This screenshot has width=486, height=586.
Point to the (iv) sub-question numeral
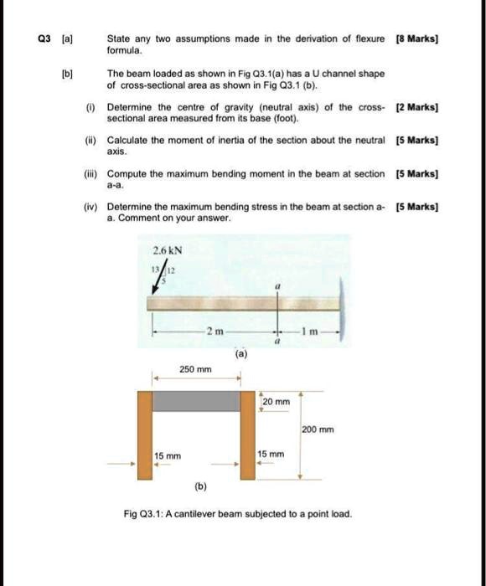click(x=90, y=205)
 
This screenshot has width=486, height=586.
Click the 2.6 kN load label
click(x=168, y=250)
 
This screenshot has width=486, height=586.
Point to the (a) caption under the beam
click(x=241, y=354)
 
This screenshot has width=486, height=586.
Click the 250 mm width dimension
click(x=196, y=368)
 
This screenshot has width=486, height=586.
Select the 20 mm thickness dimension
click(x=277, y=402)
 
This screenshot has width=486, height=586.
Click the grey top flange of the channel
click(x=196, y=400)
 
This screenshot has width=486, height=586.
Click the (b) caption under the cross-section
click(x=201, y=485)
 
